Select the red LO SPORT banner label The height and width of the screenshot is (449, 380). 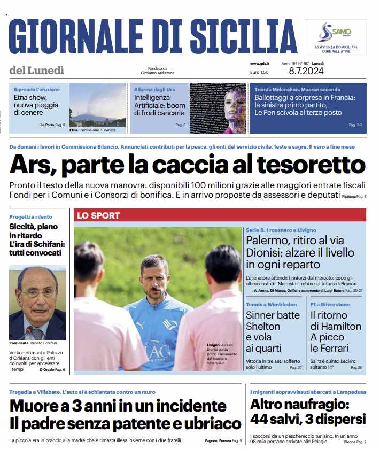click(x=98, y=215)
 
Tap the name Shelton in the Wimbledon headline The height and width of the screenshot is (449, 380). click(x=262, y=326)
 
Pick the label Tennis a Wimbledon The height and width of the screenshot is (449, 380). click(x=272, y=304)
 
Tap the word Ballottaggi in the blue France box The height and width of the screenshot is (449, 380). click(x=276, y=98)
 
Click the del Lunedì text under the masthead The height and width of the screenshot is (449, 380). click(x=36, y=70)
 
